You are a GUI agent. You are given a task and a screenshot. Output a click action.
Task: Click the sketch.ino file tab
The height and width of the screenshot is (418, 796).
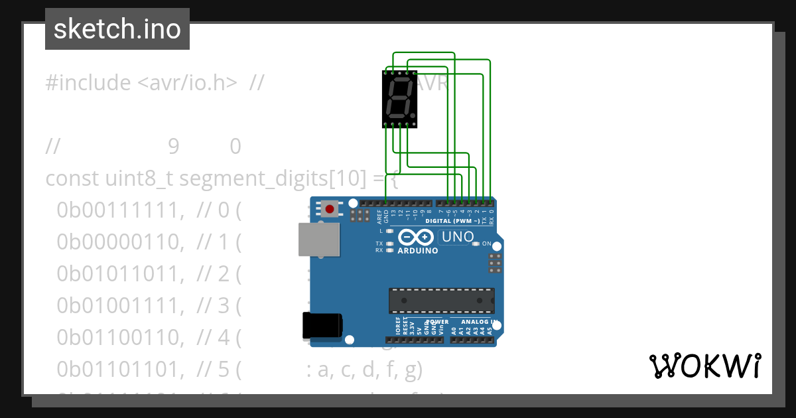117,29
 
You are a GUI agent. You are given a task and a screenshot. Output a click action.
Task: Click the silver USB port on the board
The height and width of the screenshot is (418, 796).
318,239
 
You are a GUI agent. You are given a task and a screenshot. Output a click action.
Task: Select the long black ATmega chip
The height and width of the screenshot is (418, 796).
441,301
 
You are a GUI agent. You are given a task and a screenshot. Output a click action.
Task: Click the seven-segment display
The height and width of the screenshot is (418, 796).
399,99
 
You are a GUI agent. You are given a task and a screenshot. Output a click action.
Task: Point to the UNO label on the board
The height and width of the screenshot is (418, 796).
458,237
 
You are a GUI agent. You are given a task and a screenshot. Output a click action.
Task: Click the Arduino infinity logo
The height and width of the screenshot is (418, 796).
417,238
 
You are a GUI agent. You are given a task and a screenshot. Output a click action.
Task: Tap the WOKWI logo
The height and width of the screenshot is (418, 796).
704,366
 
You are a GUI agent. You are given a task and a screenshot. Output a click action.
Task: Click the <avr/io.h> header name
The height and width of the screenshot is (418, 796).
187,83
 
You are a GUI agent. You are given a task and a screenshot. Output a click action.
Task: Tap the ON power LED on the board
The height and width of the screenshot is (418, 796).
476,244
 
